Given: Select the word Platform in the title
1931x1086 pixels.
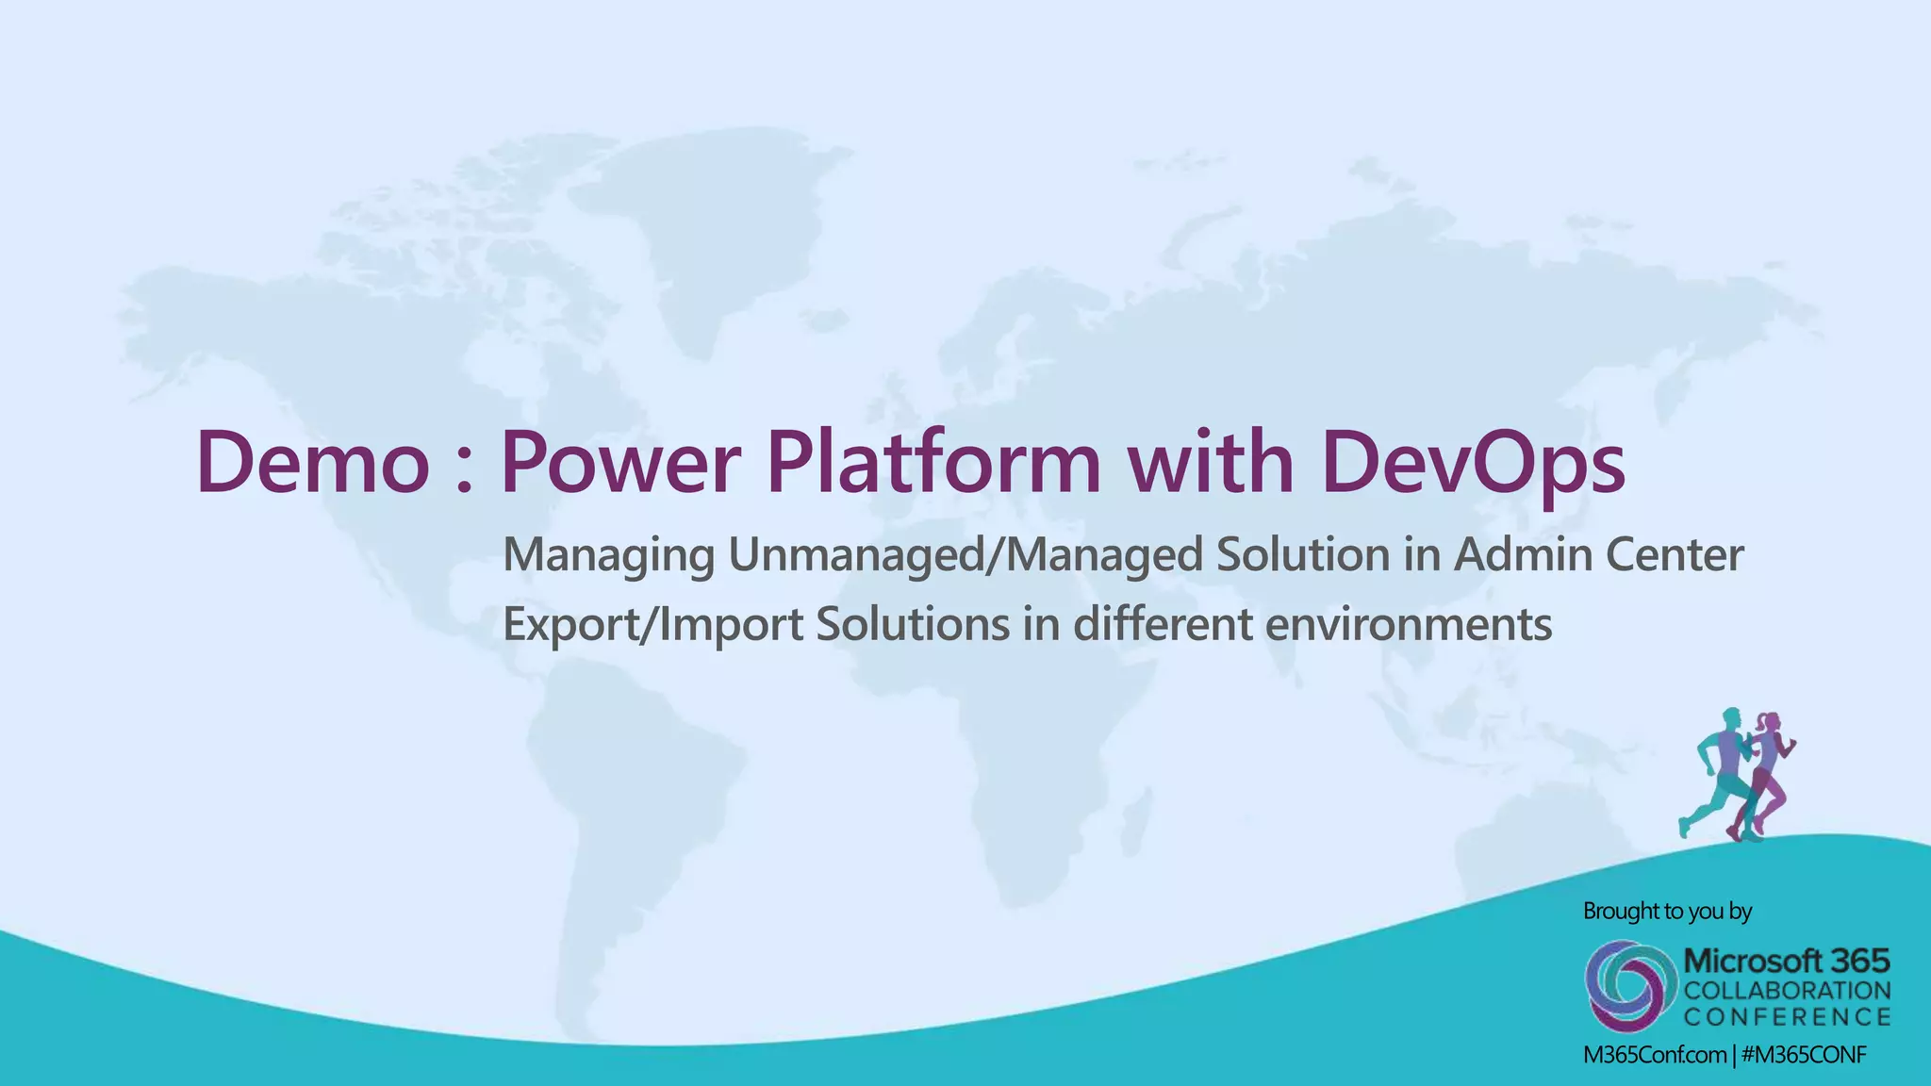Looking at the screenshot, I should tap(932, 463).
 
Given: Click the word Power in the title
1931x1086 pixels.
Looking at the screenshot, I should tap(617, 463).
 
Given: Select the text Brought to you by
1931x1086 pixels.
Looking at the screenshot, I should tap(1667, 912).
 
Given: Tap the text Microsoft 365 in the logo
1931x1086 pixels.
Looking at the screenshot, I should tap(1786, 962).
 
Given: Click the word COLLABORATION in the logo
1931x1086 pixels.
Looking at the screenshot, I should tap(1787, 991).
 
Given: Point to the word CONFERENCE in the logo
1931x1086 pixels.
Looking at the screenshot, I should tap(1787, 1017).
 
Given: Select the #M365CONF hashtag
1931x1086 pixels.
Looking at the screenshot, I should tap(1804, 1056).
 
